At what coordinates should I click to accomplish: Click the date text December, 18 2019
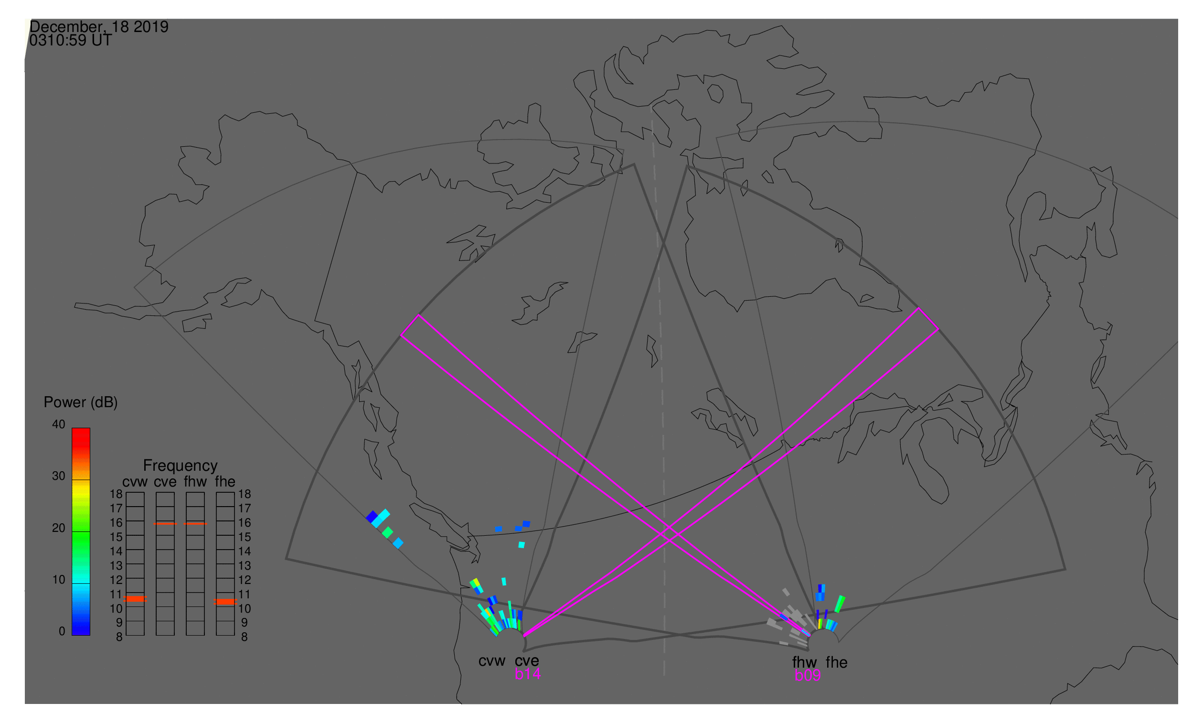pyautogui.click(x=99, y=27)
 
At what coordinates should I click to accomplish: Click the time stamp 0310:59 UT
pyautogui.click(x=71, y=41)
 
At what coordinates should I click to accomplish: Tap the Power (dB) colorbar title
pyautogui.click(x=81, y=403)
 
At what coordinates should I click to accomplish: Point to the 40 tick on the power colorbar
pyautogui.click(x=59, y=424)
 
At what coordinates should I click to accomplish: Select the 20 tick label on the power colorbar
pyautogui.click(x=59, y=528)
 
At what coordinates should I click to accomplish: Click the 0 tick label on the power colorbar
pyautogui.click(x=62, y=632)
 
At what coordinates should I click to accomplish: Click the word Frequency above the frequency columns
pyautogui.click(x=181, y=466)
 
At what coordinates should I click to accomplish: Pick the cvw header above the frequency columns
pyautogui.click(x=135, y=482)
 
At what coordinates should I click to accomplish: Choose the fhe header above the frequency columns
pyautogui.click(x=225, y=482)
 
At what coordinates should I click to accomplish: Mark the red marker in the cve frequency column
pyautogui.click(x=165, y=524)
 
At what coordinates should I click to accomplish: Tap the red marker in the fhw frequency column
pyautogui.click(x=196, y=524)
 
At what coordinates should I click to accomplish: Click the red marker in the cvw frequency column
pyautogui.click(x=135, y=599)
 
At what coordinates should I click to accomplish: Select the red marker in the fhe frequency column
pyautogui.click(x=225, y=602)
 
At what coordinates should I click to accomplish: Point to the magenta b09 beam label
pyautogui.click(x=808, y=676)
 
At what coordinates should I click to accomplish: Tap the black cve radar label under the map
pyautogui.click(x=527, y=661)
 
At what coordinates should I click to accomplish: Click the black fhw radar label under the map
pyautogui.click(x=805, y=662)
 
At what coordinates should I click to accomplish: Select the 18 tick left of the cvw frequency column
pyautogui.click(x=117, y=494)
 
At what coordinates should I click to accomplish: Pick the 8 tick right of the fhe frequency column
pyautogui.click(x=245, y=638)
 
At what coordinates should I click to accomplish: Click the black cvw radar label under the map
pyautogui.click(x=492, y=661)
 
